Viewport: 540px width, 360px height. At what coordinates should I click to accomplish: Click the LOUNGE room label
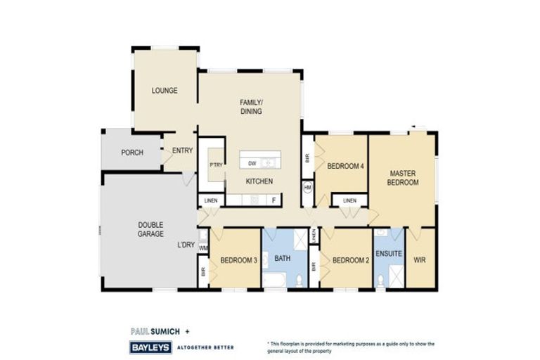[165, 91]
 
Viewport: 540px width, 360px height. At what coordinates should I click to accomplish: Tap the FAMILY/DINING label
[251, 107]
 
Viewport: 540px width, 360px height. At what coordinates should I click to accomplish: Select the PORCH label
[132, 153]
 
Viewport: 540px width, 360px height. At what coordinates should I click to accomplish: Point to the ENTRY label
[182, 150]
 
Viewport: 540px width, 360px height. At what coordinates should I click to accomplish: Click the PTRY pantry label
[215, 165]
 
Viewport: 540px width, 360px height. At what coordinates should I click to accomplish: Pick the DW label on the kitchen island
[251, 163]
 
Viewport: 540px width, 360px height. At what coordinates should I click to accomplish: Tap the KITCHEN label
[259, 181]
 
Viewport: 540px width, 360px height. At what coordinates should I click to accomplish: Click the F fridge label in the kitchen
[274, 200]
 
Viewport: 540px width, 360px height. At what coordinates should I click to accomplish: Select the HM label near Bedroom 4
[307, 188]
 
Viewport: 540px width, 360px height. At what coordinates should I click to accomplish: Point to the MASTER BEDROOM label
[404, 177]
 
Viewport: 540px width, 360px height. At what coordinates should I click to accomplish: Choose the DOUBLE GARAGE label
[150, 230]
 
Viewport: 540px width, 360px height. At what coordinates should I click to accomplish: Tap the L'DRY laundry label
[186, 245]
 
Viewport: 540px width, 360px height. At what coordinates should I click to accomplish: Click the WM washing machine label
[203, 247]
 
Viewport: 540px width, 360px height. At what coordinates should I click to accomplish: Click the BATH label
[282, 258]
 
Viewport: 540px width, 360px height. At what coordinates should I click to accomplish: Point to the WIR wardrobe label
[420, 259]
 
